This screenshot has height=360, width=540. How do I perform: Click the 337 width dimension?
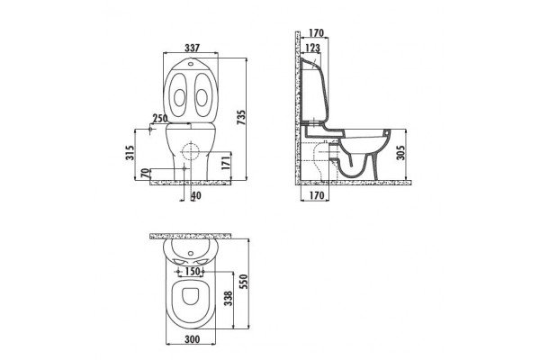(x=192, y=48)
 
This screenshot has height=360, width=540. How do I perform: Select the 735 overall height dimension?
(x=242, y=118)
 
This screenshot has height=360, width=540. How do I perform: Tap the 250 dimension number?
(x=160, y=119)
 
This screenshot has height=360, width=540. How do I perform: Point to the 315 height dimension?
(x=129, y=153)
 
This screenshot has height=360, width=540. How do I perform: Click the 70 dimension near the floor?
(x=146, y=173)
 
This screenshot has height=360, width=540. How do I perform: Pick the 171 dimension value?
(x=225, y=163)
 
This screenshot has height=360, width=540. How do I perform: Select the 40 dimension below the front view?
(x=196, y=195)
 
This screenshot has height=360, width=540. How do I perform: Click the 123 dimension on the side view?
(x=312, y=48)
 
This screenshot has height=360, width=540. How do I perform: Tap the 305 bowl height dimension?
(x=400, y=152)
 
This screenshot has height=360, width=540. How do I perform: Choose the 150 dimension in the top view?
(x=193, y=272)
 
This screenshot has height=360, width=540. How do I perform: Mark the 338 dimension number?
(x=228, y=299)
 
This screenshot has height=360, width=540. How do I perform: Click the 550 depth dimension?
(x=244, y=282)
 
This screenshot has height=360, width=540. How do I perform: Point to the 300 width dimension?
(x=193, y=339)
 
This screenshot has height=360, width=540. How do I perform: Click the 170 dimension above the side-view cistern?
(x=316, y=33)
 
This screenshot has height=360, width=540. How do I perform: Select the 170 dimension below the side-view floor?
(x=317, y=195)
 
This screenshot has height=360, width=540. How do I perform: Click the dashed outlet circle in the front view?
(x=191, y=151)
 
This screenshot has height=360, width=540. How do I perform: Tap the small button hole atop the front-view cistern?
(x=191, y=64)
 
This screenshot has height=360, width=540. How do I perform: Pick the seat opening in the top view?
(x=190, y=296)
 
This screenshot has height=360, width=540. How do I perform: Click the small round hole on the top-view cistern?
(x=191, y=254)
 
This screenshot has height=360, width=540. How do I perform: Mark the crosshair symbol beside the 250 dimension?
(x=150, y=130)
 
